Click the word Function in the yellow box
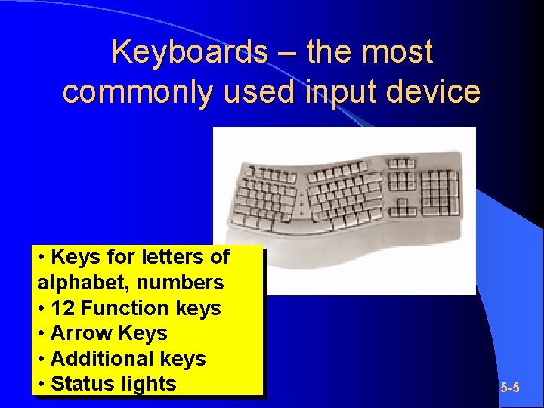pos(125,308)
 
